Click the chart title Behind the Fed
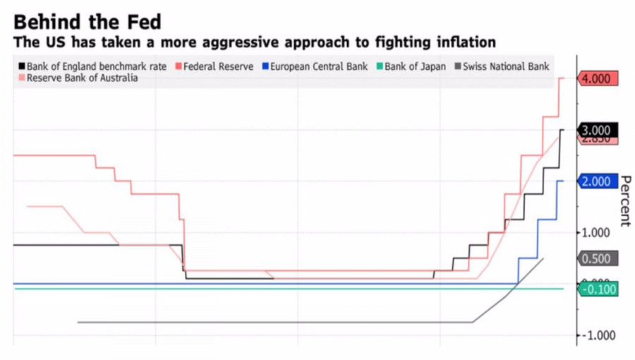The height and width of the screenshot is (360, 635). click(x=87, y=20)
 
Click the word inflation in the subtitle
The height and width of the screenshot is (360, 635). click(x=463, y=42)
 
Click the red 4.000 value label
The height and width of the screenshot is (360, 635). click(x=596, y=78)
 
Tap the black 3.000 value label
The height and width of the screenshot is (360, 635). click(x=596, y=131)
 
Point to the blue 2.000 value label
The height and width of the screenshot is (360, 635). click(x=596, y=182)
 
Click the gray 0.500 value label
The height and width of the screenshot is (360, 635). click(x=596, y=259)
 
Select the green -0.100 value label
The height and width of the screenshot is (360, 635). click(x=598, y=289)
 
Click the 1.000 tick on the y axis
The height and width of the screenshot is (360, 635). click(x=596, y=233)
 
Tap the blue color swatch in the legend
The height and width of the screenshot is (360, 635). click(x=265, y=66)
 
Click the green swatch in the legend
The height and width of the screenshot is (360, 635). click(x=379, y=66)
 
